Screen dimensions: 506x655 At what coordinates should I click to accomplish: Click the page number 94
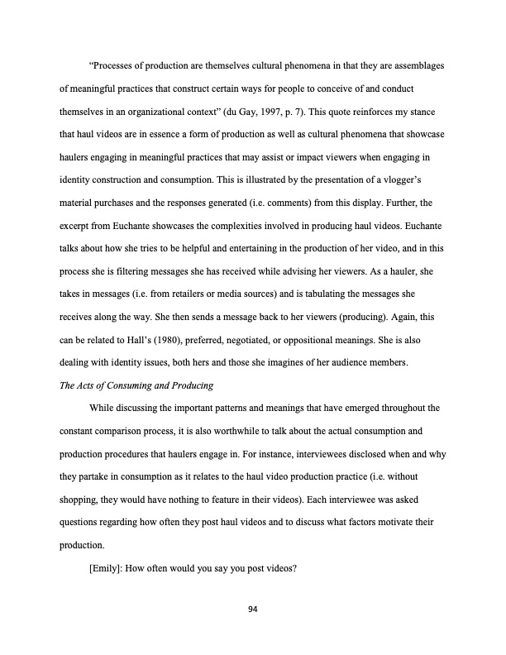pos(253,610)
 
